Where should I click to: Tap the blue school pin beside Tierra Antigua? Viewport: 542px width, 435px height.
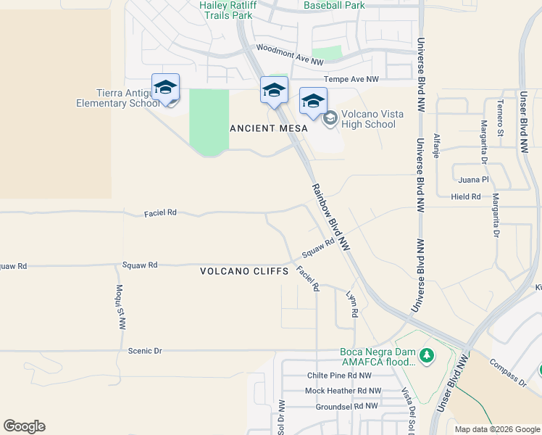[x=165, y=88]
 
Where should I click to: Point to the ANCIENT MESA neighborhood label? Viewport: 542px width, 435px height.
[x=268, y=128]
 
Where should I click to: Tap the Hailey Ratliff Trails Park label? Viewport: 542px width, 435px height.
[x=228, y=9]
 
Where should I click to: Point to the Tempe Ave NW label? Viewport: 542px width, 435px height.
[x=351, y=79]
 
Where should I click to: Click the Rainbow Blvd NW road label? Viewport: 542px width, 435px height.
[x=331, y=217]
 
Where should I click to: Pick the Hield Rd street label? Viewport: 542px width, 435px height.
[x=465, y=196]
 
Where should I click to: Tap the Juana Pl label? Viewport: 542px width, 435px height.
[x=474, y=179]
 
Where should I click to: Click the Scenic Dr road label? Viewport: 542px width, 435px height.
[x=144, y=351]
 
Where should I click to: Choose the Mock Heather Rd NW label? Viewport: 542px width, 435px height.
[x=343, y=391]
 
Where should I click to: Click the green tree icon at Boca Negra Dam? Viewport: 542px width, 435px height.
[x=427, y=355]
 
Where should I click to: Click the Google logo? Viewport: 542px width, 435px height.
[x=24, y=426]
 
